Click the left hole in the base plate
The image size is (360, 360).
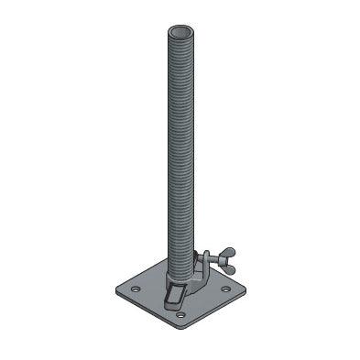(135, 289)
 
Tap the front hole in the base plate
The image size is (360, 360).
(180, 315)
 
